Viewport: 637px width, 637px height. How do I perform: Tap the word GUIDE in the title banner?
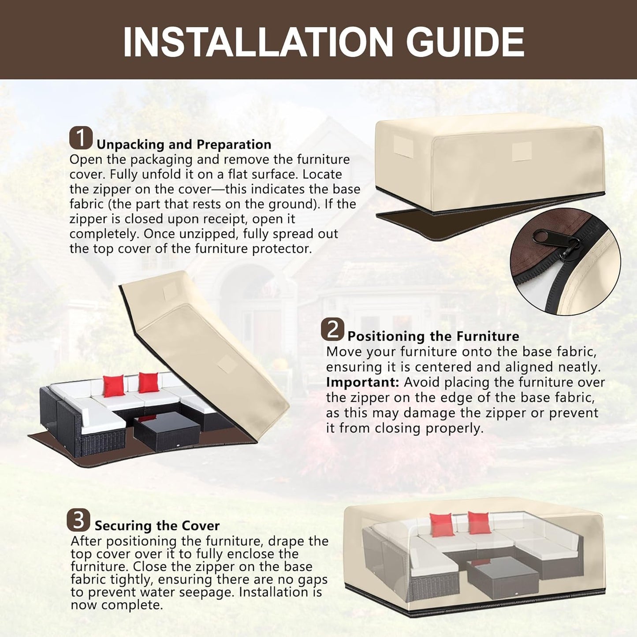(x=465, y=42)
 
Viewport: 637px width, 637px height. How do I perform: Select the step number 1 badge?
(x=81, y=138)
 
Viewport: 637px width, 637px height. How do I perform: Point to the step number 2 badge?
(x=332, y=329)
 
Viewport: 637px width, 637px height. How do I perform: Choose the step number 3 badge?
(x=78, y=520)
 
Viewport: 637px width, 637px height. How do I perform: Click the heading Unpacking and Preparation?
(x=184, y=145)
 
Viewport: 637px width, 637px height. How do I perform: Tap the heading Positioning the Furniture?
(x=433, y=336)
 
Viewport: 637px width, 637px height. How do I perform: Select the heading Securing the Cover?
(x=157, y=525)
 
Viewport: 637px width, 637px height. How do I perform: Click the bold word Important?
(x=363, y=383)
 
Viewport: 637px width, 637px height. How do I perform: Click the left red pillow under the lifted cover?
(x=114, y=386)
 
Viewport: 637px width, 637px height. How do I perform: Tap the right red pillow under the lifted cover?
(x=149, y=382)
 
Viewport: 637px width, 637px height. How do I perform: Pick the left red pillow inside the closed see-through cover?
(x=442, y=525)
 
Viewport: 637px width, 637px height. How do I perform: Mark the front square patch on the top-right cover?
(x=522, y=151)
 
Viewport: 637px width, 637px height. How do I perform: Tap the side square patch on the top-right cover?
(x=403, y=146)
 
